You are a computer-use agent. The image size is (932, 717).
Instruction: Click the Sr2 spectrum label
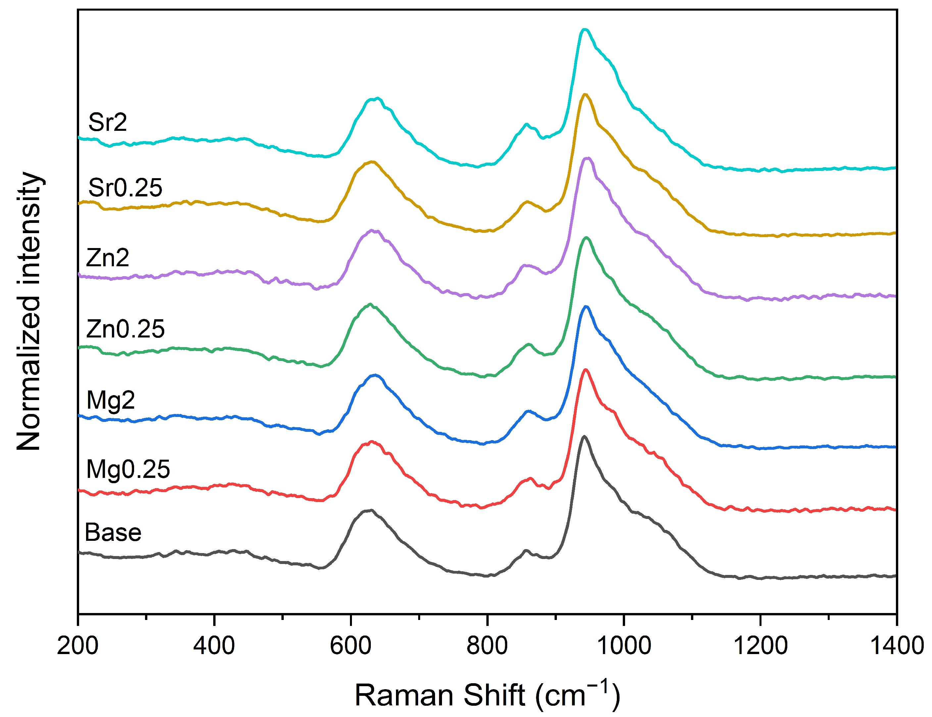108,123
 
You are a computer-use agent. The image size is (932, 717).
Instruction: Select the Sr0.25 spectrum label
125,187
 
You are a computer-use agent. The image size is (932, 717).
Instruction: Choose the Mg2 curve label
111,400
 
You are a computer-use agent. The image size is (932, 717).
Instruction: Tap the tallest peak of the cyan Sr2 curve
585,29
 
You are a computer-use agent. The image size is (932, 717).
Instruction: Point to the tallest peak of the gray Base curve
584,436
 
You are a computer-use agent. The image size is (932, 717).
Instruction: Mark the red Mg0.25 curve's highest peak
585,370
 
